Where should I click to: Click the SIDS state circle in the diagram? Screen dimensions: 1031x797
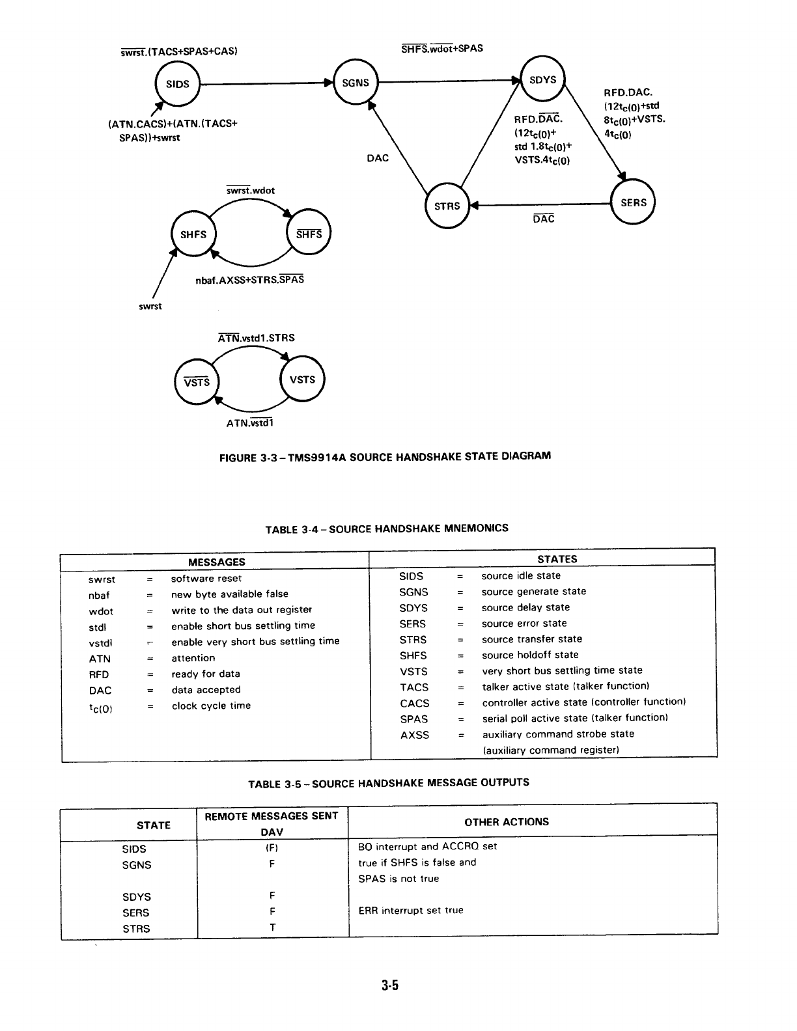[177, 84]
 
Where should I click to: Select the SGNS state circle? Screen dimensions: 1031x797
[355, 83]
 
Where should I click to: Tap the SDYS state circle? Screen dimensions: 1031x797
[543, 80]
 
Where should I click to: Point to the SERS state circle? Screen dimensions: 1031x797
[633, 202]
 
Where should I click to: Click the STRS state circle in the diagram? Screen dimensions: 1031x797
[447, 206]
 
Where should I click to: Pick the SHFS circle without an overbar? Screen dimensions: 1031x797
[193, 234]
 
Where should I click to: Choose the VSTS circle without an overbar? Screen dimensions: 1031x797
[302, 379]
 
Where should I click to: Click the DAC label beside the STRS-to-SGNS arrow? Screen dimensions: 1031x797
[378, 158]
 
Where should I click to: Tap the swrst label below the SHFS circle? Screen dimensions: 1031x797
[150, 307]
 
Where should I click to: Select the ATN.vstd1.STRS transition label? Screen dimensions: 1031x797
[256, 338]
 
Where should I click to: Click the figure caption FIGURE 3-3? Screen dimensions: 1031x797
[385, 456]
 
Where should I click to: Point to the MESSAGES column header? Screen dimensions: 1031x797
[216, 562]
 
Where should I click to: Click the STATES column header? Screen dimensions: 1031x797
[557, 559]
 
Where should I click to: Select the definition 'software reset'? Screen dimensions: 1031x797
[206, 578]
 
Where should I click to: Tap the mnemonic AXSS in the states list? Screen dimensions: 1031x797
[415, 735]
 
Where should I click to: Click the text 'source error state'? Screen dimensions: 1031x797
[524, 623]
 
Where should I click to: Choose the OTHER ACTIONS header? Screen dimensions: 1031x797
[507, 821]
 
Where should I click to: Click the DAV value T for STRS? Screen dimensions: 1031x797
[272, 928]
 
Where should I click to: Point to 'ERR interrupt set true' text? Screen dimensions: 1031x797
[411, 910]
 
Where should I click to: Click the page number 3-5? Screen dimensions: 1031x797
[390, 985]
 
